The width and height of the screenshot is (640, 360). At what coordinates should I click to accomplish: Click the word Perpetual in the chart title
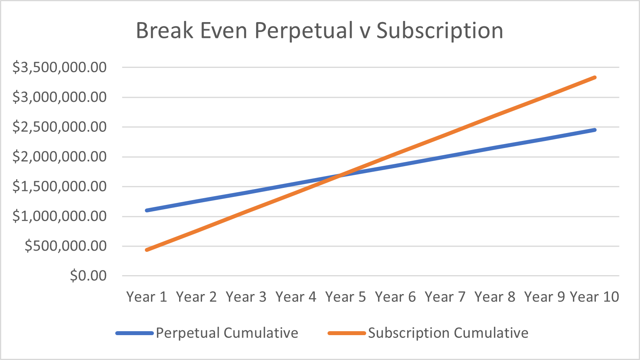click(303, 31)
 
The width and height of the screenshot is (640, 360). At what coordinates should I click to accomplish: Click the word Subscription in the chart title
click(440, 31)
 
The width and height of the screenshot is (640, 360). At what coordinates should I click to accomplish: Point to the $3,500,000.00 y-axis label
click(60, 67)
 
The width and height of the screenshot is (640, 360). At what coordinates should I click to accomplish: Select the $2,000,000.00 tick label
click(60, 157)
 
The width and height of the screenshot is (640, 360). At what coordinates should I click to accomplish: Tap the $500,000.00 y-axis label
click(65, 246)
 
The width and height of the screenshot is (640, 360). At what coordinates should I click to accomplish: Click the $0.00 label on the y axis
click(88, 276)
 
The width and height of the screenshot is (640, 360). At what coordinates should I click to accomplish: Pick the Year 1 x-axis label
click(146, 297)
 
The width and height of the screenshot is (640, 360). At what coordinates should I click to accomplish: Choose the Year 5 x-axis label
click(345, 297)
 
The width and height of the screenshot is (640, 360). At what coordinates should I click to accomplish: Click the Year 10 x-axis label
click(594, 297)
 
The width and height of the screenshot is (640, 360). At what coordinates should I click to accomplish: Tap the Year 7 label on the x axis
click(445, 297)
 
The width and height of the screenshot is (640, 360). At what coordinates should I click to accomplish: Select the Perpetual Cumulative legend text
click(227, 333)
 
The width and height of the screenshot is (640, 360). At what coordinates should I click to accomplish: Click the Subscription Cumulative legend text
click(448, 333)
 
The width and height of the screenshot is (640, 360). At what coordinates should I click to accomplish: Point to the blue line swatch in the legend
click(134, 333)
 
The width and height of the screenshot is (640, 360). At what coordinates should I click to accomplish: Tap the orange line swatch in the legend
click(346, 333)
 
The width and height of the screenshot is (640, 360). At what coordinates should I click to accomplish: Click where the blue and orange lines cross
click(340, 175)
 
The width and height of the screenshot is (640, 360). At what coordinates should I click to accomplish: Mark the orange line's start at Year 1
click(147, 250)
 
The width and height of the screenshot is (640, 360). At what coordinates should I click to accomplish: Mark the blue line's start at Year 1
click(147, 210)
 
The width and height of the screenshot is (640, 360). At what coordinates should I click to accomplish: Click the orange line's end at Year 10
click(595, 77)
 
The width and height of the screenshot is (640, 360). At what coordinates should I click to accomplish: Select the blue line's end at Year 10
click(595, 129)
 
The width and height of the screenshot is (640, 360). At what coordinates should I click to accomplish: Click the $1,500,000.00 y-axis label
click(60, 186)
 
